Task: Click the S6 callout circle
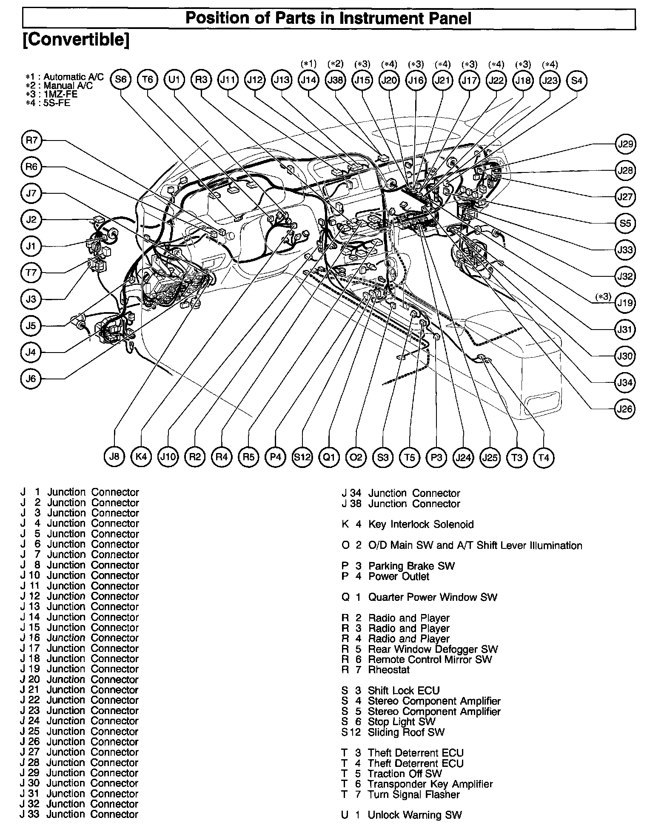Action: point(121,80)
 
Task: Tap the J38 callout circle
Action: point(335,80)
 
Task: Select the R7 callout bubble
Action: point(31,140)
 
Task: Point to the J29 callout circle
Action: point(625,144)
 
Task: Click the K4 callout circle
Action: point(141,457)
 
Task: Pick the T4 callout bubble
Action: point(544,457)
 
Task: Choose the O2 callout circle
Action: point(356,457)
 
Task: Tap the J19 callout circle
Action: point(625,303)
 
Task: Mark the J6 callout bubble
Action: point(31,379)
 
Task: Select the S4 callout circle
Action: point(577,80)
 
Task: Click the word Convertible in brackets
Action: point(76,40)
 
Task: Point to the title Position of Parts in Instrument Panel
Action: point(328,19)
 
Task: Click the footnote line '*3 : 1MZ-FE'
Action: point(51,94)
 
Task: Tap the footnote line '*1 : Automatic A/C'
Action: point(64,77)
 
